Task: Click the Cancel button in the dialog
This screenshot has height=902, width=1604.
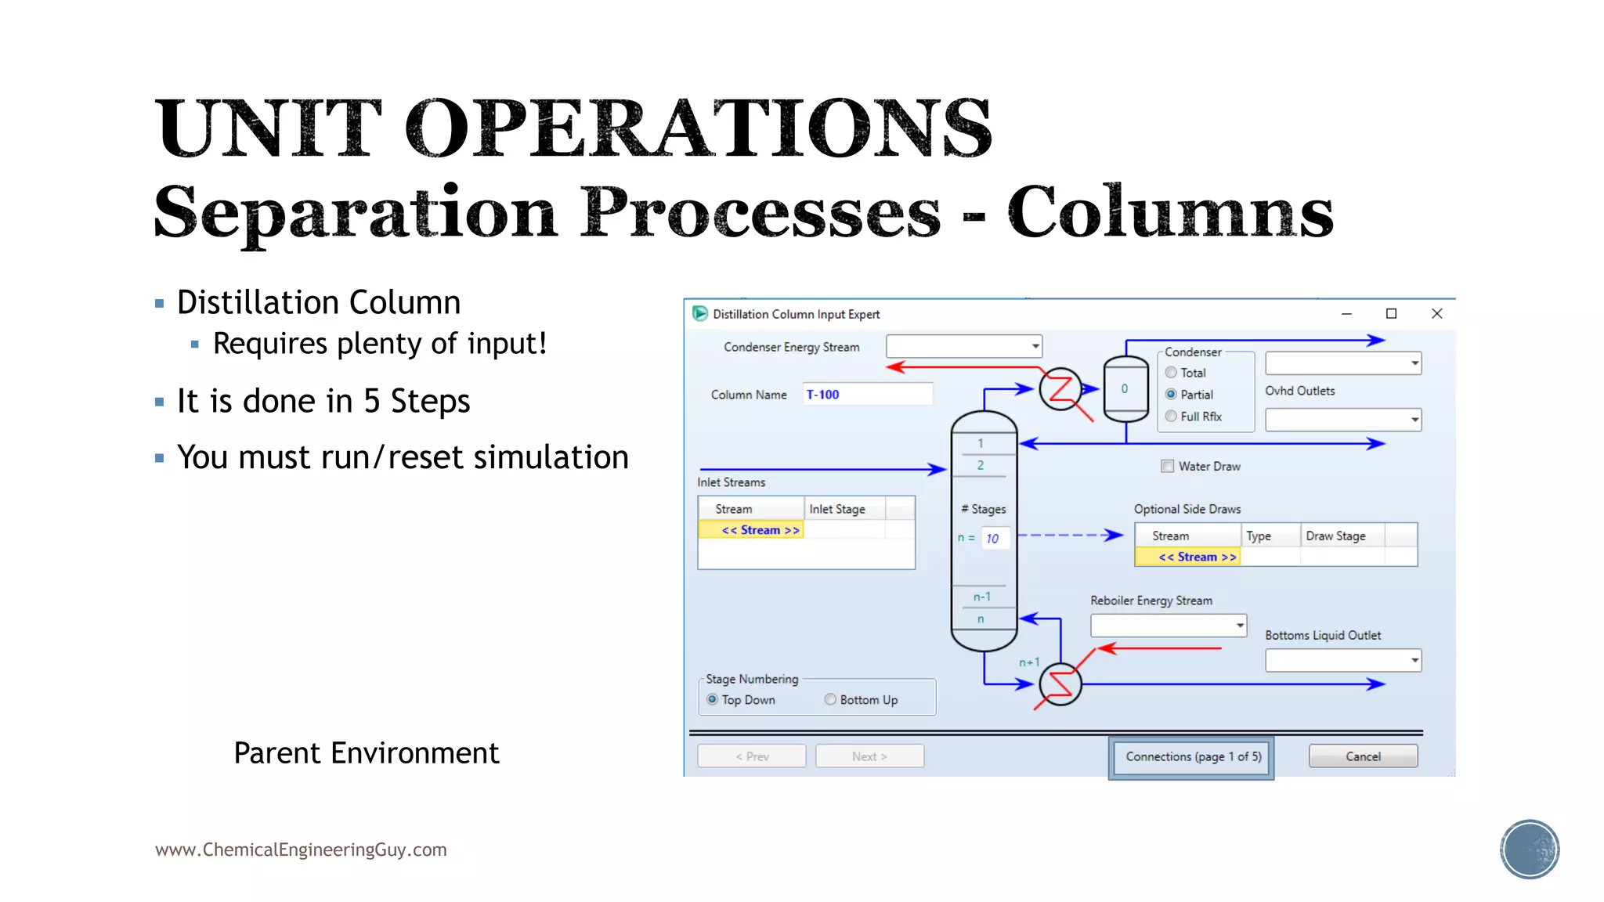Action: click(x=1363, y=756)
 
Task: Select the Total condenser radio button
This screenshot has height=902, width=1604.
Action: click(x=1171, y=373)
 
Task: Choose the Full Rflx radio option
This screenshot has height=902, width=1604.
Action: click(x=1171, y=417)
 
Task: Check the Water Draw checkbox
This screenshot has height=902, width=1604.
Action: click(x=1168, y=466)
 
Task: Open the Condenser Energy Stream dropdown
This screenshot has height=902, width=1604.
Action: click(x=1035, y=346)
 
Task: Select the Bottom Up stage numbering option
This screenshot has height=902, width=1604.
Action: click(x=830, y=699)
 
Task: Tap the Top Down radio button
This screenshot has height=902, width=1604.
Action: click(x=712, y=699)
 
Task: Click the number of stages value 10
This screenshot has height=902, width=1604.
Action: click(x=993, y=539)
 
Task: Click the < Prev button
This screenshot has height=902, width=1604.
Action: click(x=752, y=756)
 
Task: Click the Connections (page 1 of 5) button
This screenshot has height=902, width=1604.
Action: click(x=1192, y=756)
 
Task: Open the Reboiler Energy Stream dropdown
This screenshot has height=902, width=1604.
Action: click(x=1239, y=625)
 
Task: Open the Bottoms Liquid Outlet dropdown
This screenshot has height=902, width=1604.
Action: click(x=1414, y=660)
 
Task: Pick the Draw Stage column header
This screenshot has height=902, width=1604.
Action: click(x=1335, y=536)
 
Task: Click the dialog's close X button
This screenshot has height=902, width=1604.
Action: click(x=1436, y=313)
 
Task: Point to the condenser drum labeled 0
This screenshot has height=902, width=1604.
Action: click(x=1125, y=389)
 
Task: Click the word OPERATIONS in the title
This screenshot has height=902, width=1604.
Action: click(x=698, y=128)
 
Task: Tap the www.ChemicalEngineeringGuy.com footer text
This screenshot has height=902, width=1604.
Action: click(x=301, y=850)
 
